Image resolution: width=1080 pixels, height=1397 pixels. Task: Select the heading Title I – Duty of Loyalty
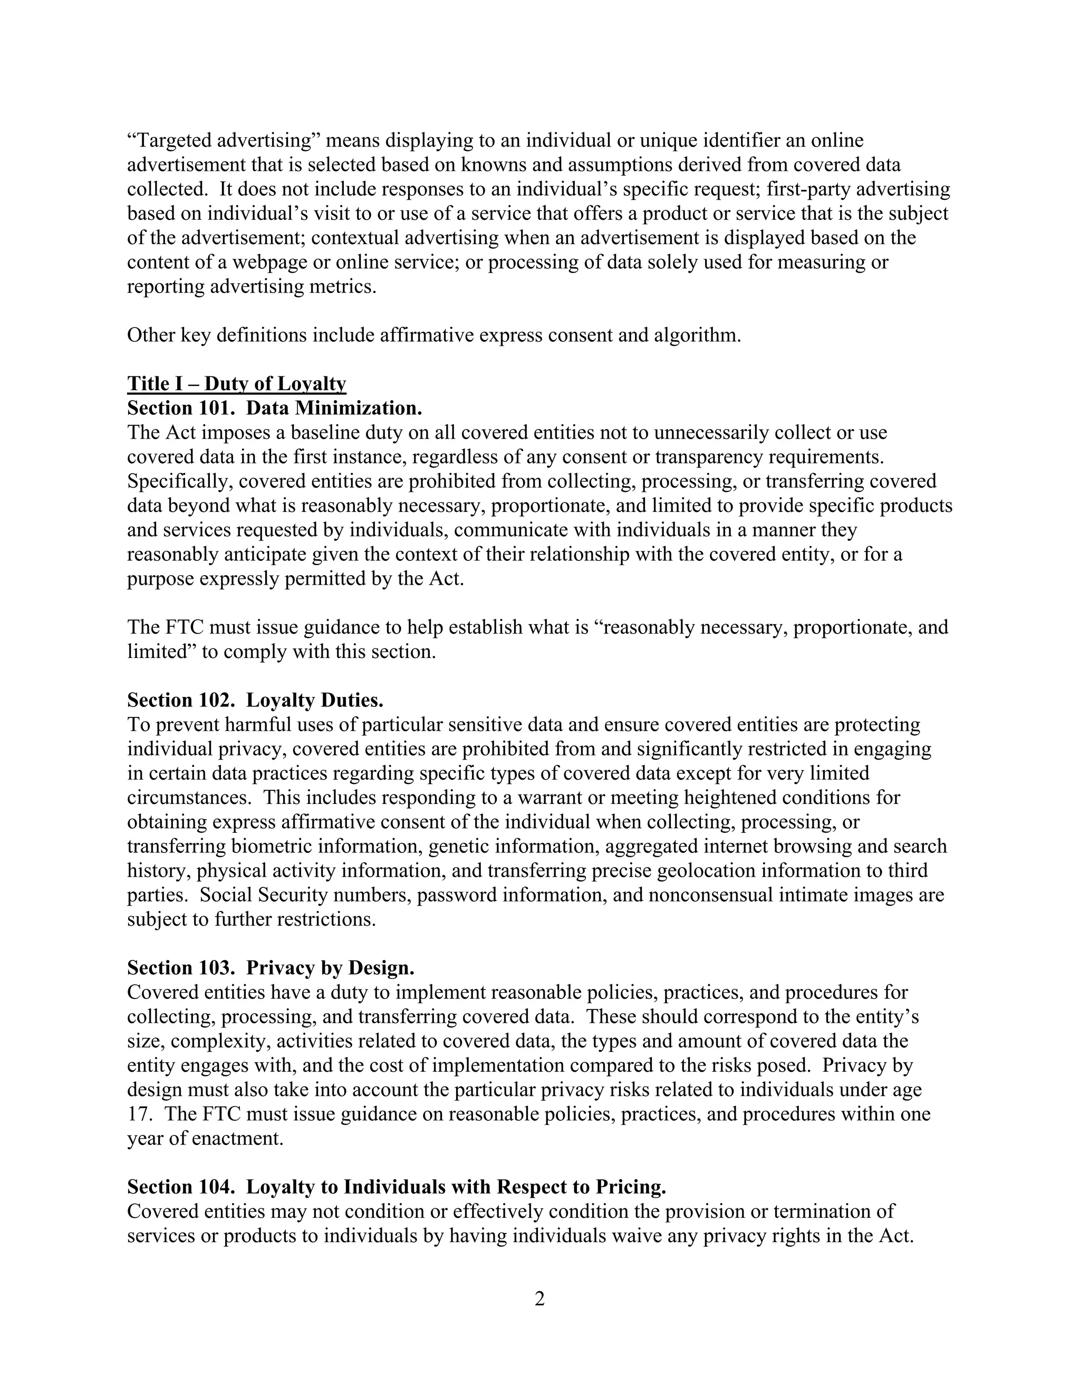(x=237, y=383)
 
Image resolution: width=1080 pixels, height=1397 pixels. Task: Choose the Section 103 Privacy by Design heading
(x=271, y=968)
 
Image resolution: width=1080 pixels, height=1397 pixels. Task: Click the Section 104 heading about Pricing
(x=397, y=1187)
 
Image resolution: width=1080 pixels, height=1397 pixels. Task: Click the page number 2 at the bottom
(x=539, y=1299)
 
